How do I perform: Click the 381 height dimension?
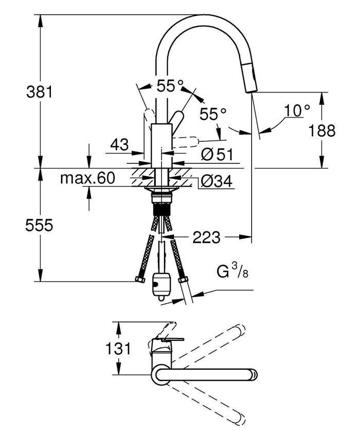pyautogui.click(x=40, y=92)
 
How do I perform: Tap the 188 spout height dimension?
pyautogui.click(x=322, y=130)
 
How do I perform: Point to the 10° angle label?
pyautogui.click(x=297, y=110)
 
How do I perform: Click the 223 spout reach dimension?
pyautogui.click(x=206, y=237)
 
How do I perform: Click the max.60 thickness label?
pyautogui.click(x=87, y=179)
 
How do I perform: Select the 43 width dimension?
pyautogui.click(x=119, y=145)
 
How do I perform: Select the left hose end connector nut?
pyautogui.click(x=139, y=279)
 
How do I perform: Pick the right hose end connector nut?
pyautogui.click(x=183, y=280)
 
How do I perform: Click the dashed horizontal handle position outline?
pyautogui.click(x=186, y=141)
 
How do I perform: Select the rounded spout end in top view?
pyautogui.click(x=253, y=374)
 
